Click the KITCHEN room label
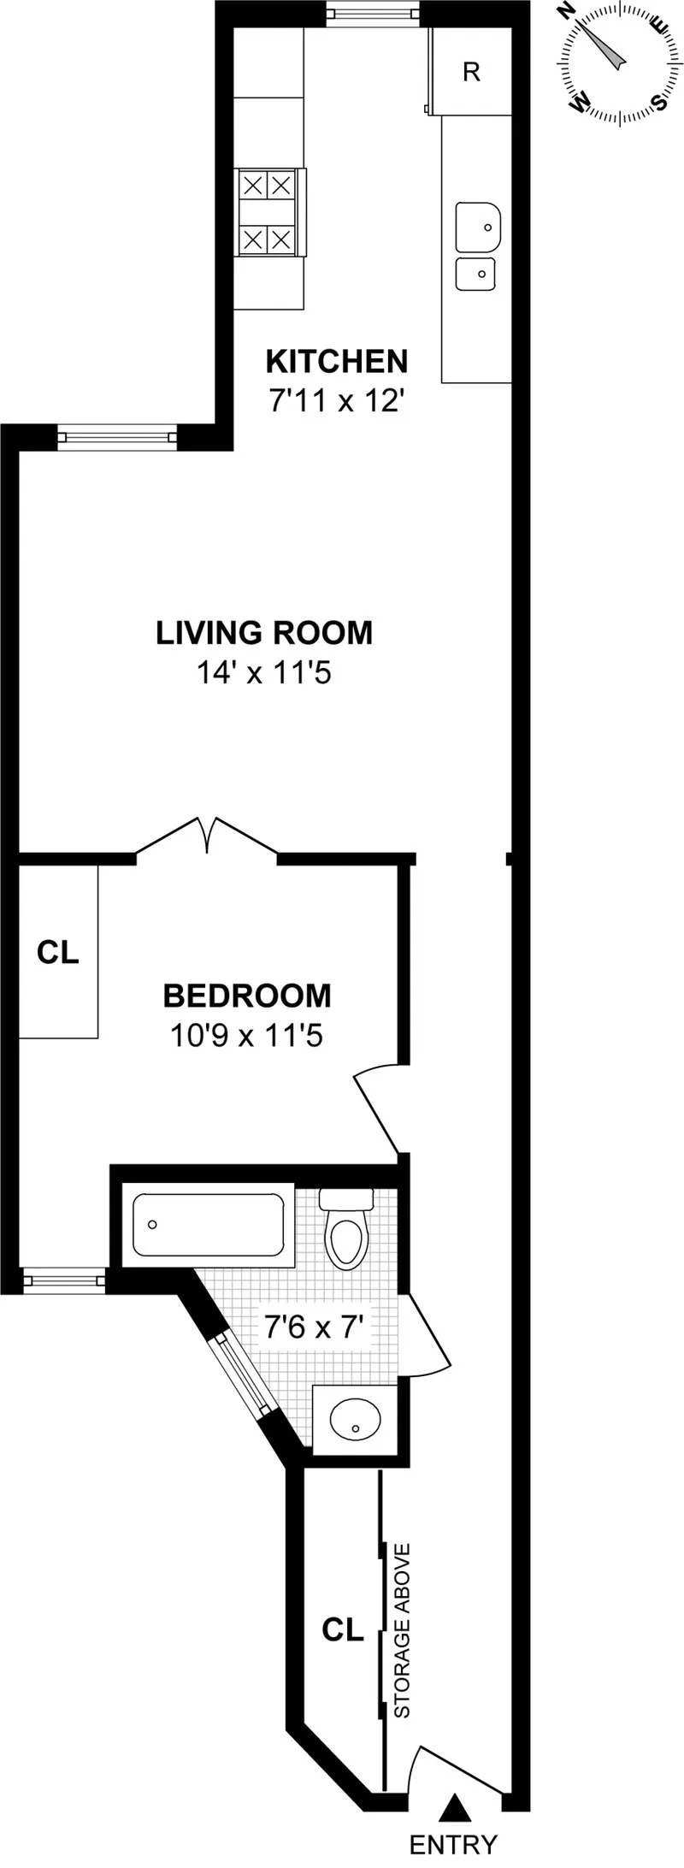(x=337, y=362)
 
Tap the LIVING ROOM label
(x=264, y=633)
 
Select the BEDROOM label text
(x=247, y=996)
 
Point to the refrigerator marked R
(x=471, y=73)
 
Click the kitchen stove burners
(x=268, y=212)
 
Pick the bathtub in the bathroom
(x=209, y=1225)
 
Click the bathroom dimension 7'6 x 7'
(x=315, y=1328)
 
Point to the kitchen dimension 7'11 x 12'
(x=336, y=400)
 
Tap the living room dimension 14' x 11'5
(x=264, y=673)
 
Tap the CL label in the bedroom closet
(x=58, y=952)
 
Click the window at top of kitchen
(x=374, y=15)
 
